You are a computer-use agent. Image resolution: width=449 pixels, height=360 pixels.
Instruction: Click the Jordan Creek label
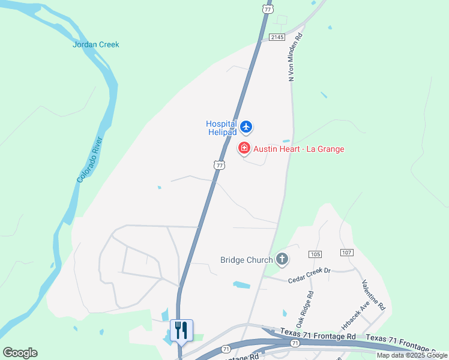(96, 44)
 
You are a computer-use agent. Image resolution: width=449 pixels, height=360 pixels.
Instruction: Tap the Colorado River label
(91, 160)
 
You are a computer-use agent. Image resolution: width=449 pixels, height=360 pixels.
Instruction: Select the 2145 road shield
(276, 37)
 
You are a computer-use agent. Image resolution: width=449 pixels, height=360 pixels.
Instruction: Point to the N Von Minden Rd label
(294, 57)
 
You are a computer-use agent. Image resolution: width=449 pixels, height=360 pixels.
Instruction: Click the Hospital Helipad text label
(221, 128)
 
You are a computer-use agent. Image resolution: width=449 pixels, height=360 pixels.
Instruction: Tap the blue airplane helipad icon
(246, 127)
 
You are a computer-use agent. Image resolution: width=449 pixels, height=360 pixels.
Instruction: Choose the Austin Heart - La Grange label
(298, 149)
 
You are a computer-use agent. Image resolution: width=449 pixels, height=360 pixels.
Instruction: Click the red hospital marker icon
(244, 148)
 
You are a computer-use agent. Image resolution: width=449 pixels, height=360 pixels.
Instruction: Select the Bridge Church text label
(247, 260)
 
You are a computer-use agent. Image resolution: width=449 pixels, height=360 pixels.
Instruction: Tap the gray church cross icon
(282, 259)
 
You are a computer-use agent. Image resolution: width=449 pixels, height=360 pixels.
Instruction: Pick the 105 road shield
(316, 254)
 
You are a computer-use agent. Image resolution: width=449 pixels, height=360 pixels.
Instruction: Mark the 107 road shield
(346, 253)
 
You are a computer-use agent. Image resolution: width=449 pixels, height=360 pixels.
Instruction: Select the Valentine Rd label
(373, 294)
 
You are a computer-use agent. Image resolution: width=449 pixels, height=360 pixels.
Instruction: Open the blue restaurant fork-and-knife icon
(181, 330)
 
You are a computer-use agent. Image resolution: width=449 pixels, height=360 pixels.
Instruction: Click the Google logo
(20, 353)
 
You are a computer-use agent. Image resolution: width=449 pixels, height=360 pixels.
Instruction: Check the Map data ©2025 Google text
(412, 355)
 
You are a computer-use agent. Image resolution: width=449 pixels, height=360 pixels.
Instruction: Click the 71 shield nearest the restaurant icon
(226, 349)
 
